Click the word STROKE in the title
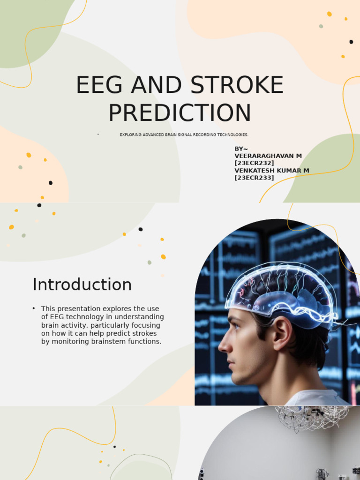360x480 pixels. click(237, 85)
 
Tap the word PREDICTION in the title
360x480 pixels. click(180, 113)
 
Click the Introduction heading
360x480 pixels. click(82, 285)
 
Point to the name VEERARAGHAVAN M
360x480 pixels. click(268, 156)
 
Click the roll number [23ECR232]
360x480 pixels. click(254, 163)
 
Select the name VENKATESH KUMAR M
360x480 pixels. click(271, 171)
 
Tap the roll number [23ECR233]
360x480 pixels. click(254, 178)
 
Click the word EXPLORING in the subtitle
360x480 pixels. click(129, 135)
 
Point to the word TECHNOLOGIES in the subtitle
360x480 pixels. click(233, 135)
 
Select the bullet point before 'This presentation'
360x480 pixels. click(34, 308)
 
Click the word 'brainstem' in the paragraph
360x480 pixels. click(110, 342)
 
